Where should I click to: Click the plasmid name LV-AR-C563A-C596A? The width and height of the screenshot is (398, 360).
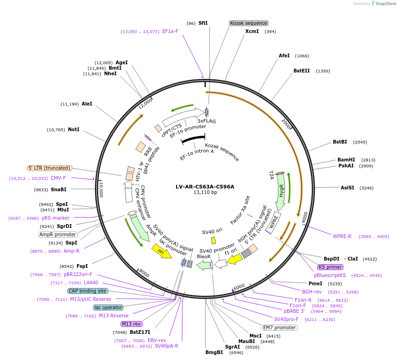tap(205, 187)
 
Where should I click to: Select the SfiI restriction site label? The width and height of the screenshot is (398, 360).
tap(203, 23)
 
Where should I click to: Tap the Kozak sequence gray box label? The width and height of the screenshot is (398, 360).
tap(249, 23)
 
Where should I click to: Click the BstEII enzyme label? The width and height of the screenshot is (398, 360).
tap(302, 71)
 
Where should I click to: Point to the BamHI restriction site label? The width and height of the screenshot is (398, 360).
tap(346, 160)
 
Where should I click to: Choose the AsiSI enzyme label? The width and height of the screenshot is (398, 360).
tap(347, 188)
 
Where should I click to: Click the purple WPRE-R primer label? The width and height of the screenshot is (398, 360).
tap(342, 236)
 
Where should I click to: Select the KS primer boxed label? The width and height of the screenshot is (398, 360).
tap(330, 267)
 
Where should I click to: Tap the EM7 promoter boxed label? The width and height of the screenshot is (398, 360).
tap(279, 327)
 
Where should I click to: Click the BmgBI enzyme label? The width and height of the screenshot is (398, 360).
tap(214, 352)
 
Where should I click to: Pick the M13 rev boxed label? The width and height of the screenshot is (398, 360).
tap(132, 324)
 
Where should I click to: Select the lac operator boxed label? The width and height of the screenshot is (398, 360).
tap(108, 307)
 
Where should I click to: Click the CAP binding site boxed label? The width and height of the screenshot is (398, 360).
tap(88, 291)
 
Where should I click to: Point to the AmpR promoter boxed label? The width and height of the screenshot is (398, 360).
tap(58, 234)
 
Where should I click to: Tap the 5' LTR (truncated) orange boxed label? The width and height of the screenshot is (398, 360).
tap(50, 168)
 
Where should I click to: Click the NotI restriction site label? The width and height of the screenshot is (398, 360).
tap(73, 130)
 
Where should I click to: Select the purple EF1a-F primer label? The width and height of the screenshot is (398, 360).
tap(170, 31)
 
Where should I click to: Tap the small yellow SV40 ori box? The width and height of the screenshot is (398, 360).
tap(213, 240)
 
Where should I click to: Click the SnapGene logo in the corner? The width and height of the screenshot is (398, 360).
tap(383, 4)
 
